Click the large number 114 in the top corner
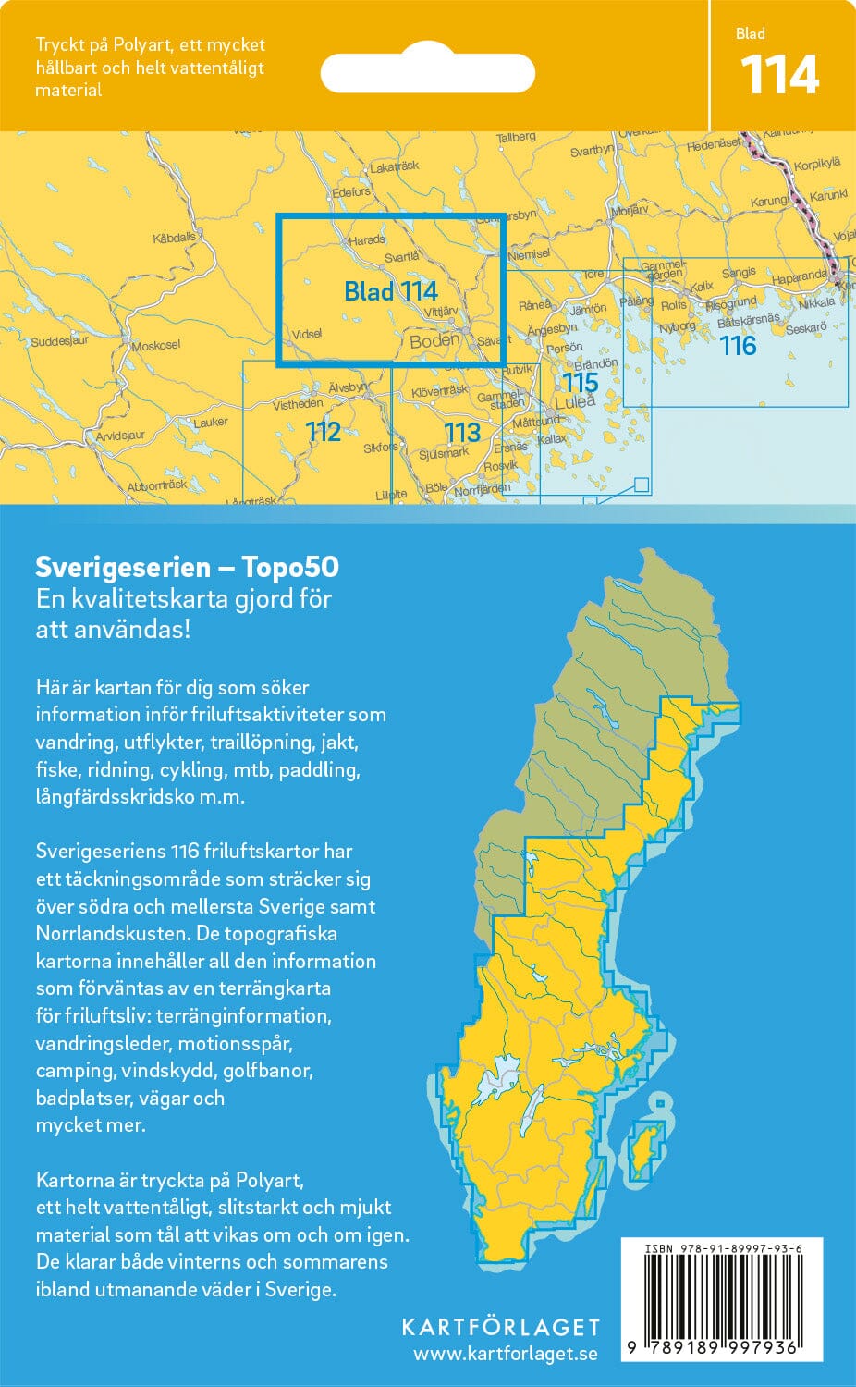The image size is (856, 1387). tap(779, 76)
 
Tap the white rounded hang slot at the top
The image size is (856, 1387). tap(427, 72)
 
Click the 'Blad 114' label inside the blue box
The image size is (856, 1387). tap(390, 291)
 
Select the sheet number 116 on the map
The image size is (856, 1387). tap(738, 346)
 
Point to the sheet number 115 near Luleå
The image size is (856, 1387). tap(580, 382)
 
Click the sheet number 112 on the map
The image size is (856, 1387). tap(323, 431)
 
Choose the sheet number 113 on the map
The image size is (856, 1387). tap(461, 432)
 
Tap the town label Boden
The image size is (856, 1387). tap(434, 340)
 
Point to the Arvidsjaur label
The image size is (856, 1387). tap(120, 436)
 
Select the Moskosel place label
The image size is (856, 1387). tap(155, 346)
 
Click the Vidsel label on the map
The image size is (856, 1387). tap(306, 334)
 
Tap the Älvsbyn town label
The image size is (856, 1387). tap(348, 387)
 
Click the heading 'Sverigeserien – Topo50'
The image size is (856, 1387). tap(187, 567)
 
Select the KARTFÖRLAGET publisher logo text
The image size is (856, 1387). tap(500, 1327)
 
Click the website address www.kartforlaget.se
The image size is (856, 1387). tap(505, 1355)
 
